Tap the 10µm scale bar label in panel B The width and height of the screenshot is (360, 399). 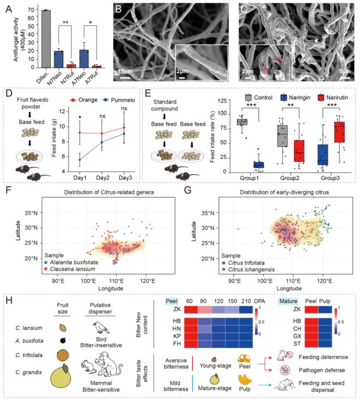coord(125,71)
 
